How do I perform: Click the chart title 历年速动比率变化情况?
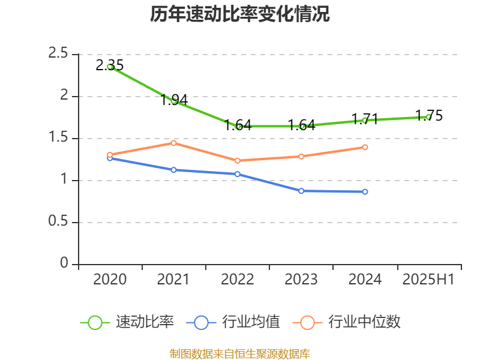click(x=239, y=14)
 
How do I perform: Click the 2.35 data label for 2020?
click(x=110, y=65)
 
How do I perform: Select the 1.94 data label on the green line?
click(x=174, y=100)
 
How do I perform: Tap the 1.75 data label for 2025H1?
click(x=429, y=116)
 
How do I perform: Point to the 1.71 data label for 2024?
click(x=365, y=119)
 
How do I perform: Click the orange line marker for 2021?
click(x=173, y=143)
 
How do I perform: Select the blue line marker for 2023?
click(x=301, y=191)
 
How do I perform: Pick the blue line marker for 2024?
click(x=365, y=192)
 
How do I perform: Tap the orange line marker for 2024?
click(x=365, y=147)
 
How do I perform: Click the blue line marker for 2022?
click(x=237, y=174)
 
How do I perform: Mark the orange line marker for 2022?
click(x=237, y=161)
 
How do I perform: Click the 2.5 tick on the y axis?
click(x=59, y=54)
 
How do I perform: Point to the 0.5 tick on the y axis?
click(x=59, y=222)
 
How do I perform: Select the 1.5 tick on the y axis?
click(x=59, y=138)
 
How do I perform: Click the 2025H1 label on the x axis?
click(x=428, y=280)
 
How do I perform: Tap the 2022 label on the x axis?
click(x=237, y=280)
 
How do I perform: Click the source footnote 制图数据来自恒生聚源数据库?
click(x=239, y=353)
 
